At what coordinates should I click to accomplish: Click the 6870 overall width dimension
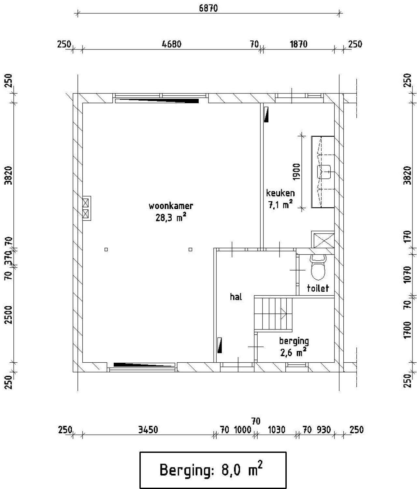[x=208, y=8]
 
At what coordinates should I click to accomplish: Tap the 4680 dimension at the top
[x=172, y=44]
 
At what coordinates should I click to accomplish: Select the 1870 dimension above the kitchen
[x=299, y=44]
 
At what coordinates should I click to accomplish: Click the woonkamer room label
[x=171, y=206]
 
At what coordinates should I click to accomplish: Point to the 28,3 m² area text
[x=171, y=217]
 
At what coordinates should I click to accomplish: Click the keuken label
[x=280, y=193]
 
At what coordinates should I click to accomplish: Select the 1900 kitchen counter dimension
[x=296, y=172]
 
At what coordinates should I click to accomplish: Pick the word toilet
[x=318, y=288]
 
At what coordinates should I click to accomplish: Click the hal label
[x=236, y=297]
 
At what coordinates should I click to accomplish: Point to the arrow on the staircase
[x=284, y=314]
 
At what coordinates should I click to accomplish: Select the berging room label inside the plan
[x=294, y=341]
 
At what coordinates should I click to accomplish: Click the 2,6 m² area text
[x=294, y=352]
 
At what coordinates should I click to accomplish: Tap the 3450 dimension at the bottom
[x=148, y=430]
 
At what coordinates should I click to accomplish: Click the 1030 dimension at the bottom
[x=277, y=430]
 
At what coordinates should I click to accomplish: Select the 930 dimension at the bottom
[x=324, y=430]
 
